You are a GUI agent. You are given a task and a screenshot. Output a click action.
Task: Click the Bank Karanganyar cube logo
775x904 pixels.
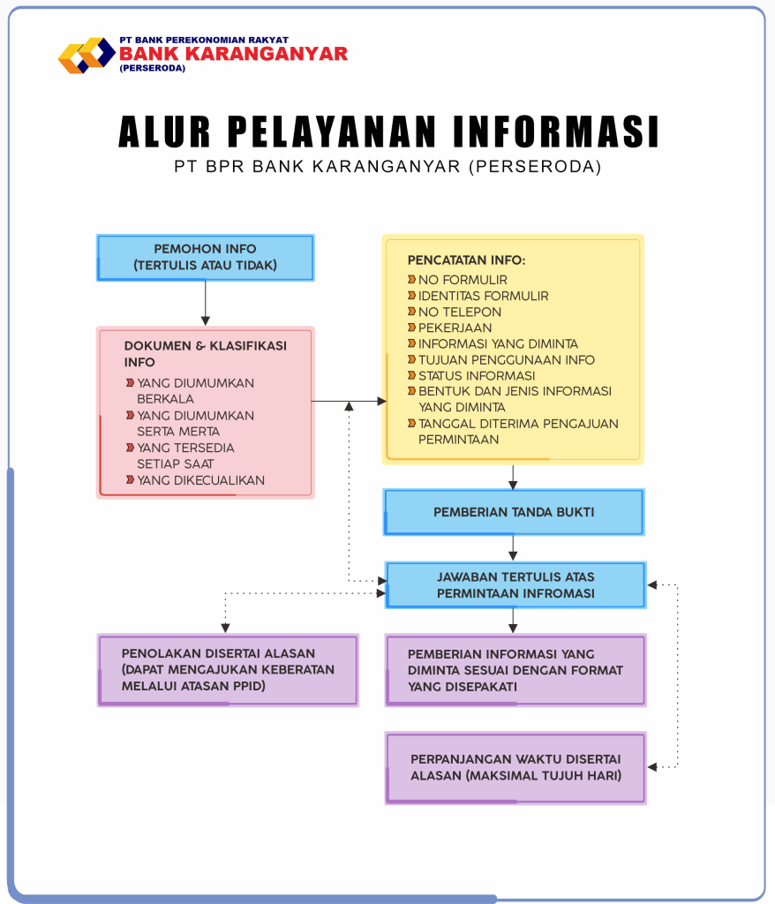coord(86,55)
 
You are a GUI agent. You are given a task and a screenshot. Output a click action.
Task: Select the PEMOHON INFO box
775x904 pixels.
coord(205,258)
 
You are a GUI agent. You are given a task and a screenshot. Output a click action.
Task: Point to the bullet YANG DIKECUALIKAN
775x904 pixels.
coord(200,480)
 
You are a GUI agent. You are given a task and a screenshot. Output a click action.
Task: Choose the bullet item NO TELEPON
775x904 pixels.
coord(459,312)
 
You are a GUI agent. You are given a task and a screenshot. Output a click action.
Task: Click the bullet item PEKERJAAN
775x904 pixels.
coord(455,328)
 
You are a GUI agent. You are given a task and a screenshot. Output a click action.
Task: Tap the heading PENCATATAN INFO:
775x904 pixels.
coord(466,260)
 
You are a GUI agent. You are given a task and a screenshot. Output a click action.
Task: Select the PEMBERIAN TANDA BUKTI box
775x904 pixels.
coord(514,512)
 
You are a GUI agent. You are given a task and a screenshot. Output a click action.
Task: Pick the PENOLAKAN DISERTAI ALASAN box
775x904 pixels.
coord(228,669)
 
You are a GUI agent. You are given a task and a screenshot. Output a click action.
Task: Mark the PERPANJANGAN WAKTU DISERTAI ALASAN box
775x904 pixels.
coord(515,767)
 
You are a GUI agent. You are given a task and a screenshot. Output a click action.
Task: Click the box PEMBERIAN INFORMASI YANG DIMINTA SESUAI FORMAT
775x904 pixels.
coord(515,670)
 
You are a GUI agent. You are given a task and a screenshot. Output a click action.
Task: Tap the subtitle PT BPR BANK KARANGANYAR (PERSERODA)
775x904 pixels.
coord(387,167)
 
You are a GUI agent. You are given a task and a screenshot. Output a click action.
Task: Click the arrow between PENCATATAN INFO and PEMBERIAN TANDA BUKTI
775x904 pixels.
coord(513,477)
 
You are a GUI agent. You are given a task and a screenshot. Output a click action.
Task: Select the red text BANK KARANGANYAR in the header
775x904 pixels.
coord(233,53)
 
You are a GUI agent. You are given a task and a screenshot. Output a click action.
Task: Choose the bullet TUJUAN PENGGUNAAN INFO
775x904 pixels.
coord(506,359)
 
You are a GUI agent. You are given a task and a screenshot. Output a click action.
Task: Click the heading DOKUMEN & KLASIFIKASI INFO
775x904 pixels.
coord(205,353)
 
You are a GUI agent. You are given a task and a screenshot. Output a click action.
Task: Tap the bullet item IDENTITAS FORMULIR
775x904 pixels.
coord(483,296)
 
